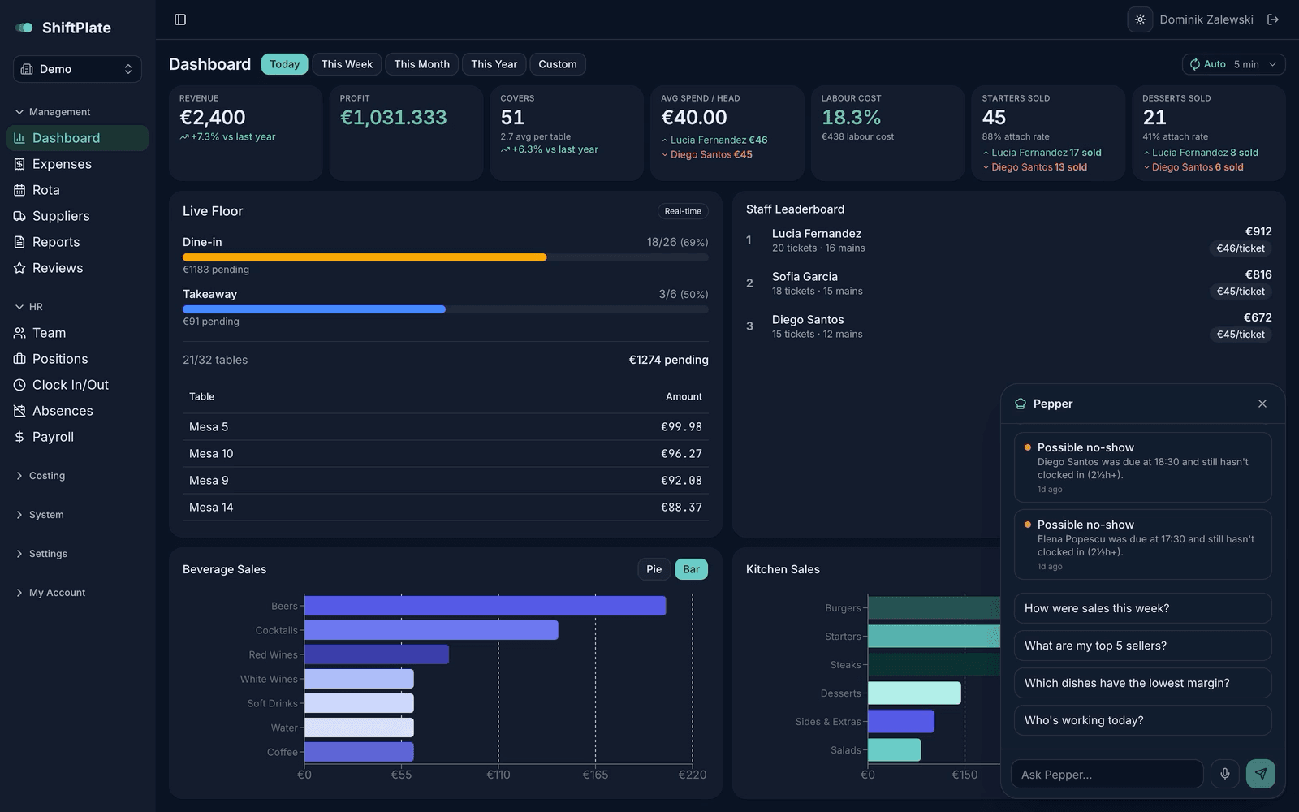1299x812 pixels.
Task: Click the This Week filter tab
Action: pos(347,64)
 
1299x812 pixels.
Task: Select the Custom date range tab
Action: pos(557,64)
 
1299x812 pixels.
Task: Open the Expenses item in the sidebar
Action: pos(62,164)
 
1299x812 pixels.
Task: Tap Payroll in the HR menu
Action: pos(53,437)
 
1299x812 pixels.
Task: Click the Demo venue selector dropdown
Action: pos(77,69)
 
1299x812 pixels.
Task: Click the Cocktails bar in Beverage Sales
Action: pos(431,630)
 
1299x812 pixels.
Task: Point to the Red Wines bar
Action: pos(377,654)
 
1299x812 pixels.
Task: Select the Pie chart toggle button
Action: pos(654,569)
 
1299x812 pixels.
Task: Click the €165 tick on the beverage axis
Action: pos(595,775)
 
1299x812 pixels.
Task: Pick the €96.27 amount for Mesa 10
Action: pos(681,454)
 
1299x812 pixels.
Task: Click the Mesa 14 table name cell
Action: pos(211,507)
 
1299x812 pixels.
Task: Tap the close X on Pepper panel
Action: pos(1262,404)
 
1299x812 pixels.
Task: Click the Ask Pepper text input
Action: pos(1107,775)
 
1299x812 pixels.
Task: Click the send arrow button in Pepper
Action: pos(1260,774)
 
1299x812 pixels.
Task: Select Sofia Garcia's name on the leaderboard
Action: pos(805,277)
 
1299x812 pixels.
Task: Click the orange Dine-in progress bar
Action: pos(365,257)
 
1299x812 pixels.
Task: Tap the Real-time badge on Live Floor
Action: pos(683,211)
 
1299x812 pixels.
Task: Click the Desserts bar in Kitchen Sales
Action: pos(914,693)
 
